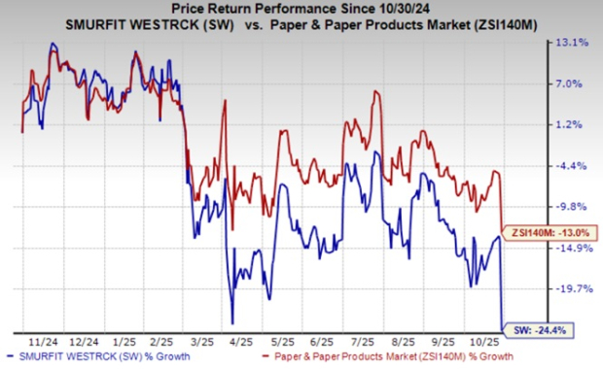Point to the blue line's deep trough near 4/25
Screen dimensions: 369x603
pos(232,322)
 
